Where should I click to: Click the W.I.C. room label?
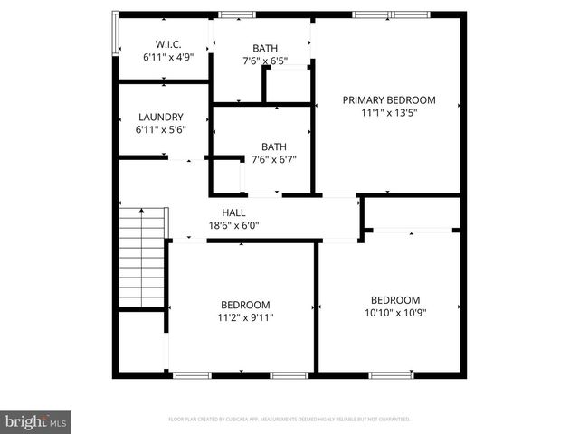click(168, 43)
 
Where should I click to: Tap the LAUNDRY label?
click(161, 118)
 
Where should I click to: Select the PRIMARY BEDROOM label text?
click(389, 100)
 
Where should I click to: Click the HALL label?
click(234, 213)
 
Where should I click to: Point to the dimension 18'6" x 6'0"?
click(234, 226)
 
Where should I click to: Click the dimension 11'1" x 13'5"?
click(389, 113)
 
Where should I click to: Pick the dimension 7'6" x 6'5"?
click(266, 61)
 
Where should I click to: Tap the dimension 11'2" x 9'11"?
click(245, 317)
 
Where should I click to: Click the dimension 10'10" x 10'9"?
click(395, 313)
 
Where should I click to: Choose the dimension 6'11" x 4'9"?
click(168, 56)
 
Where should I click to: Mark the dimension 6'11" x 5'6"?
click(161, 130)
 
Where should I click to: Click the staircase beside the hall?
click(143, 257)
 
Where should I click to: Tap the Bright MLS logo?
click(36, 421)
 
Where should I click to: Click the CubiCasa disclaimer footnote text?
click(289, 420)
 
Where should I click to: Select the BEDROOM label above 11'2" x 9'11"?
click(245, 305)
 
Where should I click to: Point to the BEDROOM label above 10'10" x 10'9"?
click(395, 300)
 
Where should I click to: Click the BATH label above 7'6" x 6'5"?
click(266, 49)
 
